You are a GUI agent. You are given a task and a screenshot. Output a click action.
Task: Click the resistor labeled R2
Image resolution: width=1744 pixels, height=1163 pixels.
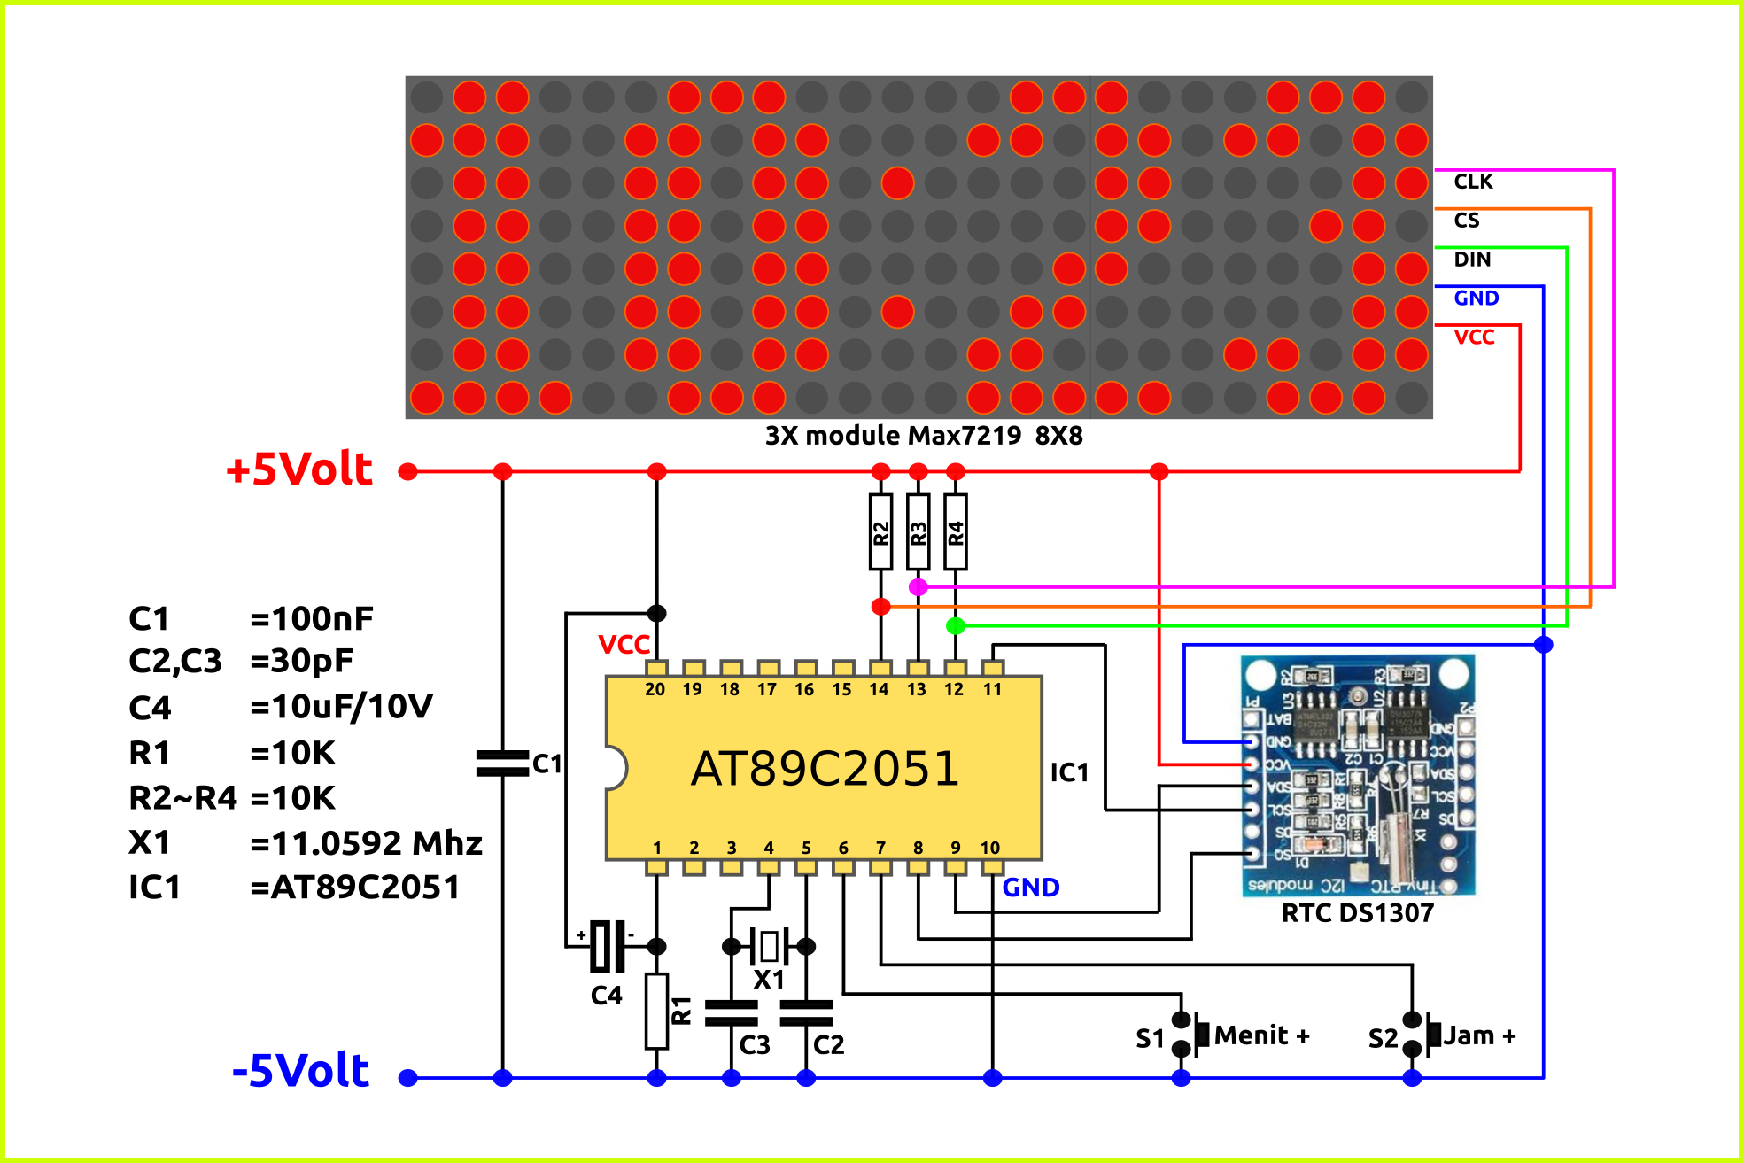[x=880, y=531]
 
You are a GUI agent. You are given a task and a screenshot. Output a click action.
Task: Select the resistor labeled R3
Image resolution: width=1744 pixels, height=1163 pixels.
[x=919, y=531]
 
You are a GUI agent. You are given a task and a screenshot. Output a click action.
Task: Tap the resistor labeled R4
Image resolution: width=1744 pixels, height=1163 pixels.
[x=955, y=531]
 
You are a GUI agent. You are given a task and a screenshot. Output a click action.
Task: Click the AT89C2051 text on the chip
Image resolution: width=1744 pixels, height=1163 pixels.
[x=825, y=768]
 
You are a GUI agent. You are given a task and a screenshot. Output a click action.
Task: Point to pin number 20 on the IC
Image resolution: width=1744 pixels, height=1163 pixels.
[x=655, y=689]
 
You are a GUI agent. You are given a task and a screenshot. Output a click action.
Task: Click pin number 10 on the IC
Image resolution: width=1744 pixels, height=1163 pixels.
[x=990, y=848]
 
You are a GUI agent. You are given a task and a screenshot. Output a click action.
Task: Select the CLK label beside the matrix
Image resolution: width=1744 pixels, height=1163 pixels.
[x=1473, y=182]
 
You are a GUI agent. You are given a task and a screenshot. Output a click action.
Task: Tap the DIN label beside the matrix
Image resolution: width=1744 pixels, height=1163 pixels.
[x=1472, y=260]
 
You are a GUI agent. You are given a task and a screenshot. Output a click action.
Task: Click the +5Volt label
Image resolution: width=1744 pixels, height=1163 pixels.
[x=299, y=469]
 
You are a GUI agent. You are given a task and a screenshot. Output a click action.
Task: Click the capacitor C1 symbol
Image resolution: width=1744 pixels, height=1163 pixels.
[x=502, y=764]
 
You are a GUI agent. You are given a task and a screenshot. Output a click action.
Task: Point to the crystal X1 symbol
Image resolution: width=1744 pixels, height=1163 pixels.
[x=768, y=946]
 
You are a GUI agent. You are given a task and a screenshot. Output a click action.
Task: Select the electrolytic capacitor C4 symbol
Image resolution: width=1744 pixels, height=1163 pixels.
[x=607, y=946]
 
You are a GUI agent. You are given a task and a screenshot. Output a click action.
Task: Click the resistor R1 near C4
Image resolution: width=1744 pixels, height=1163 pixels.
[x=656, y=1011]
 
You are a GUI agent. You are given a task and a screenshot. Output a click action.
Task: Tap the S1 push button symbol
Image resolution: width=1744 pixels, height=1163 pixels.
[x=1191, y=1035]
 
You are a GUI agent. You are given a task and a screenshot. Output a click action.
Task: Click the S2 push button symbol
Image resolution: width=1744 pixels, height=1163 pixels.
[x=1422, y=1035]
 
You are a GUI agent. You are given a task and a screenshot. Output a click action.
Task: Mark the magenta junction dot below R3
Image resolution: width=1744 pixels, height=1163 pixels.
[x=919, y=586]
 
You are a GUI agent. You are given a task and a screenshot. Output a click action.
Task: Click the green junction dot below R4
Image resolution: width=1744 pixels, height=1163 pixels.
[x=955, y=626]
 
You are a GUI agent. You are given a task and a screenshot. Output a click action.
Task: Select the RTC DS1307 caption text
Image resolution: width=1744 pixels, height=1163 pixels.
[x=1357, y=912]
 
